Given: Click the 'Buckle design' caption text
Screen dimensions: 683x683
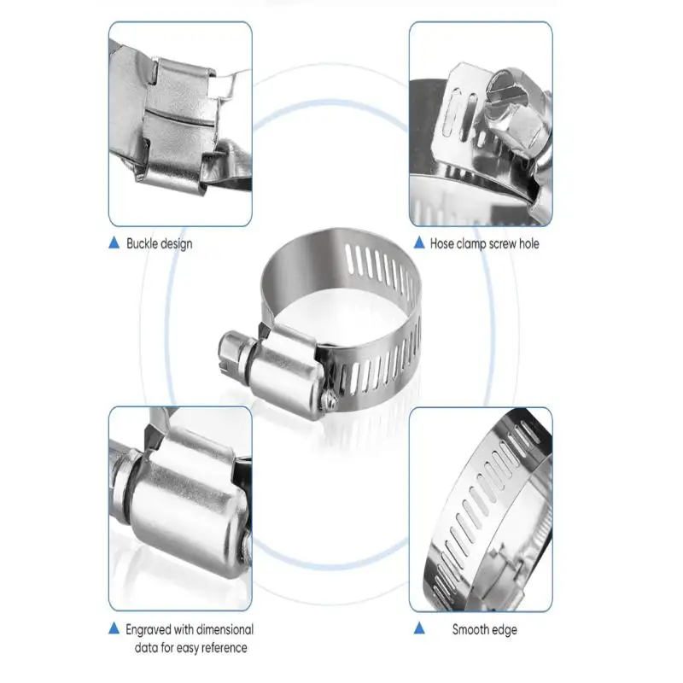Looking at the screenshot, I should pos(159,243).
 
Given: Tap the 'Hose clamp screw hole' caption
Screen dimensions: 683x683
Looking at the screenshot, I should pos(485,243).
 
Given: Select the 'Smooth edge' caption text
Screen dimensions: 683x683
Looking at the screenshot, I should pos(484,630).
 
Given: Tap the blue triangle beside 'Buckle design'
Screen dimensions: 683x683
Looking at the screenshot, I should pos(114,243).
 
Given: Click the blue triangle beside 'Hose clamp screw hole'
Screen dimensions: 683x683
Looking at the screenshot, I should pos(418,243).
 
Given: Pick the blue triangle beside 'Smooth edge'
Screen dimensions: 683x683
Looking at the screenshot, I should pos(418,630).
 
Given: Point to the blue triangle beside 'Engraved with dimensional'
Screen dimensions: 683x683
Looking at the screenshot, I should pos(114,630).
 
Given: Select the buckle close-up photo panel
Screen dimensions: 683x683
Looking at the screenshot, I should pos(180,124).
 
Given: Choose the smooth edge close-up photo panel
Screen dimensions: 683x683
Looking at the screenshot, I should pos(480,509).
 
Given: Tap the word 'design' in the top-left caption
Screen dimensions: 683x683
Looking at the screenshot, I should pos(177,243).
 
